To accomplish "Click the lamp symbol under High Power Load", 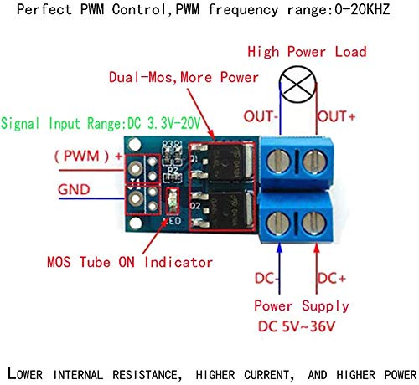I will [x=297, y=85].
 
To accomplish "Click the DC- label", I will [x=266, y=277].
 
